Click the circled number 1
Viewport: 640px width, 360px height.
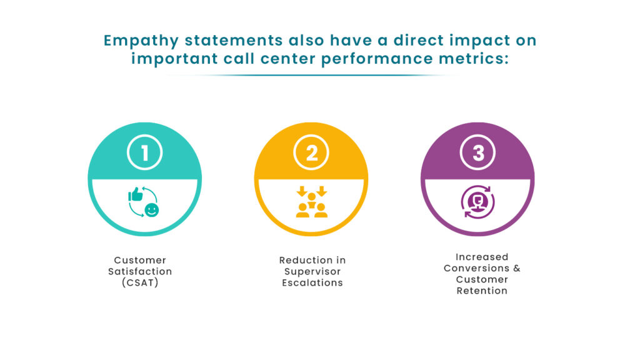145,153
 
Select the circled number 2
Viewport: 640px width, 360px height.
311,153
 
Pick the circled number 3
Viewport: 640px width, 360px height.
478,153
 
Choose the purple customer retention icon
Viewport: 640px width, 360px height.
478,203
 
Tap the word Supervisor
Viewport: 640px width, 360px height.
312,271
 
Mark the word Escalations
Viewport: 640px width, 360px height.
312,282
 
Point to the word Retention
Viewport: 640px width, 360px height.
482,291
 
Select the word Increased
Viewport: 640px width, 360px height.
482,257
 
